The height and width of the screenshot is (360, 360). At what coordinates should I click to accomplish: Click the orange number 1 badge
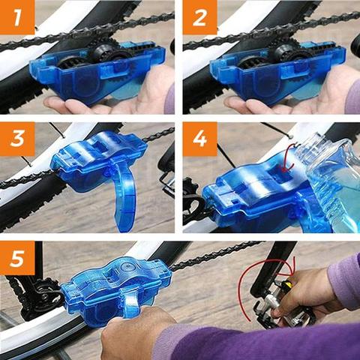[x=17, y=17]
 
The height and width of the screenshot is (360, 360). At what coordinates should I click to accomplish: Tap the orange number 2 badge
[x=199, y=17]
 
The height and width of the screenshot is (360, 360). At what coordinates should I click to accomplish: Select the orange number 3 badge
[x=17, y=139]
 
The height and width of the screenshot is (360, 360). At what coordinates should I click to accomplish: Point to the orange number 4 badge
[x=199, y=139]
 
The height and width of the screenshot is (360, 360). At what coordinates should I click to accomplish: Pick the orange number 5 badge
[x=17, y=258]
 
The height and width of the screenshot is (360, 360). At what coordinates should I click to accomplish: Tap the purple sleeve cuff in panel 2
[x=352, y=96]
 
